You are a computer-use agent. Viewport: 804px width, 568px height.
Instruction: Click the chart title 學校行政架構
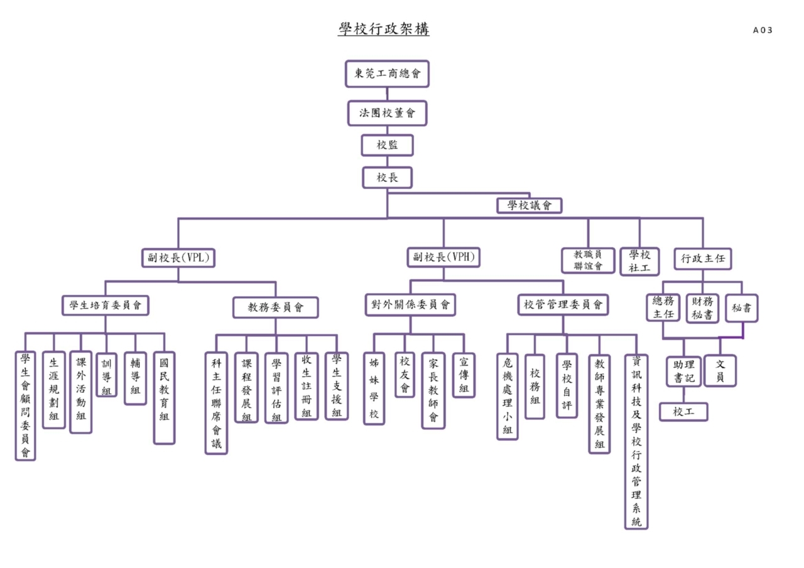383,29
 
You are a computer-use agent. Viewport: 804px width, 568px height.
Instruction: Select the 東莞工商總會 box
387,73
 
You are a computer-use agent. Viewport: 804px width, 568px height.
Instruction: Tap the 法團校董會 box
387,113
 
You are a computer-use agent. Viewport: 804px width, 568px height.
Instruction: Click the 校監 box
387,145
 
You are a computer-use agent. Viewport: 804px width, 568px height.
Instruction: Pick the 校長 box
387,177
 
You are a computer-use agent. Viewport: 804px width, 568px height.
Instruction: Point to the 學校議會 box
529,205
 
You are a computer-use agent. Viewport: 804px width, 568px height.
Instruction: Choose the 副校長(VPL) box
178,257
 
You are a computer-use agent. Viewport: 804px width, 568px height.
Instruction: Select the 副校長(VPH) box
443,257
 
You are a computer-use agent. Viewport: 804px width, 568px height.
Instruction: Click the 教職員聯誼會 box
588,260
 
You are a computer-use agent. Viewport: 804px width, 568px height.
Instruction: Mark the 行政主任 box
703,258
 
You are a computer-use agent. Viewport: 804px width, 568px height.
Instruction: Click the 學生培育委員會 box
106,306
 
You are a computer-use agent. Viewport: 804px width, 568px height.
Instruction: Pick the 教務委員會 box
275,307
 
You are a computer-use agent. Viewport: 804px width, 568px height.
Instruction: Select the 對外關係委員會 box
410,305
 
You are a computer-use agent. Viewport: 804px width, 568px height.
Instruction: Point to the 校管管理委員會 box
563,305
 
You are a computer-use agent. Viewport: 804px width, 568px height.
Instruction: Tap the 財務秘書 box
702,308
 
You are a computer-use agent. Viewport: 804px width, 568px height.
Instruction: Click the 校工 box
683,412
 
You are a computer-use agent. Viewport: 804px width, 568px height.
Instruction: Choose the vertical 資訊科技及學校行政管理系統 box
636,441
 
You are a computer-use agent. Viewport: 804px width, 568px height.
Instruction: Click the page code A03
763,30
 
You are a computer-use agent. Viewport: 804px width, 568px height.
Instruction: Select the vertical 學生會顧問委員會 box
25,405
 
